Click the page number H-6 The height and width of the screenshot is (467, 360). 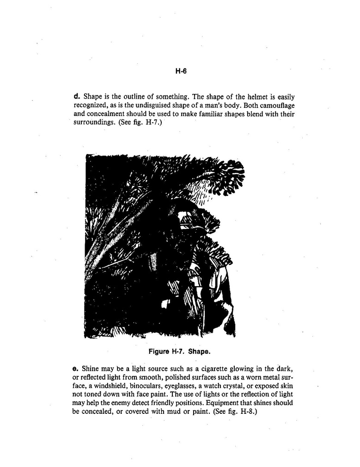[180, 71]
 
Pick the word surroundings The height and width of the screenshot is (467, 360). [92, 123]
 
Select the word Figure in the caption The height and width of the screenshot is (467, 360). [159, 351]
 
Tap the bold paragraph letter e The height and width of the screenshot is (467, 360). [75, 369]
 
